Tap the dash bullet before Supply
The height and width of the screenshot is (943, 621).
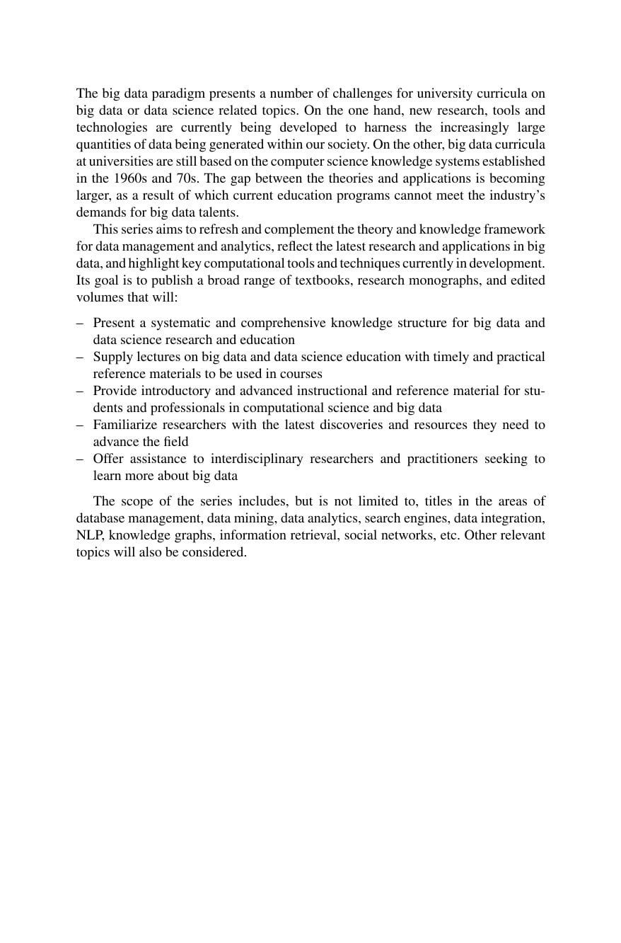coord(80,357)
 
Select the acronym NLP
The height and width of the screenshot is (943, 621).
coord(88,535)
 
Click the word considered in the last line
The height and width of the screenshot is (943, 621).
coord(215,552)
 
